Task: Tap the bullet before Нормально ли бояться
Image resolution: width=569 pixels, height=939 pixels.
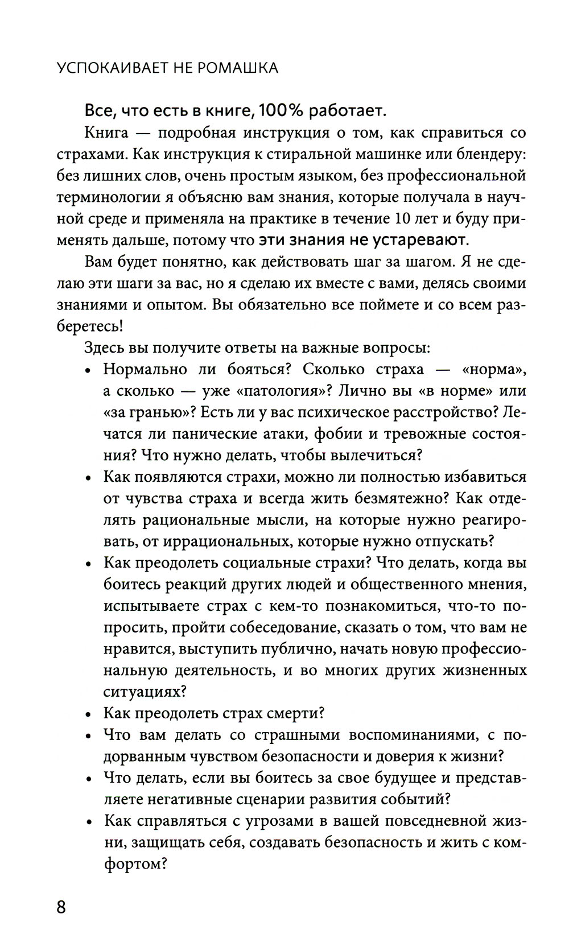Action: [x=88, y=371]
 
